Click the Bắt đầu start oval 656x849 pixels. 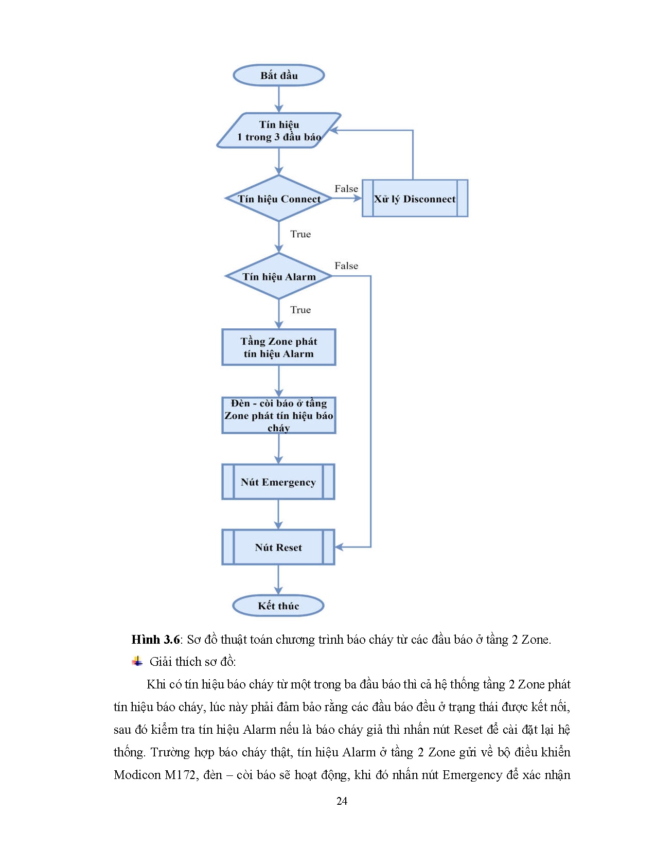pyautogui.click(x=278, y=75)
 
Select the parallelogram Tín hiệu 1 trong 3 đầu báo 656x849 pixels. pyautogui.click(x=278, y=131)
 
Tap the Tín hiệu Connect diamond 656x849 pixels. pyautogui.click(x=278, y=199)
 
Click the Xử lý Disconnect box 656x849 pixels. pyautogui.click(x=415, y=199)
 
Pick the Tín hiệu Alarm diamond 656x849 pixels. pyautogui.click(x=278, y=276)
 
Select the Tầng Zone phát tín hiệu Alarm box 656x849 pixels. pyautogui.click(x=278, y=347)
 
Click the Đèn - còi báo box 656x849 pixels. pyautogui.click(x=278, y=415)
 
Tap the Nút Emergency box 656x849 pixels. pyautogui.click(x=278, y=482)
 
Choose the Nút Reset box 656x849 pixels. pyautogui.click(x=278, y=547)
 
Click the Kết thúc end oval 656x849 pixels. pyautogui.click(x=278, y=606)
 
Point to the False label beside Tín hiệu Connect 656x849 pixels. pyautogui.click(x=346, y=189)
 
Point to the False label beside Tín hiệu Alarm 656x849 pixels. pyautogui.click(x=346, y=266)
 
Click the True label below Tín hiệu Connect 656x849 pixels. pyautogui.click(x=300, y=234)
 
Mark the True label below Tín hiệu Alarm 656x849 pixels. pyautogui.click(x=300, y=310)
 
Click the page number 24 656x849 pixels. pyautogui.click(x=342, y=801)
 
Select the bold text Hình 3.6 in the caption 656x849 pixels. pyautogui.click(x=155, y=640)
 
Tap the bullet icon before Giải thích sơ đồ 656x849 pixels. pyautogui.click(x=137, y=661)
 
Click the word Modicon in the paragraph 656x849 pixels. pyautogui.click(x=137, y=775)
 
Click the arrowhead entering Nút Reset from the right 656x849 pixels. pyautogui.click(x=339, y=547)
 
